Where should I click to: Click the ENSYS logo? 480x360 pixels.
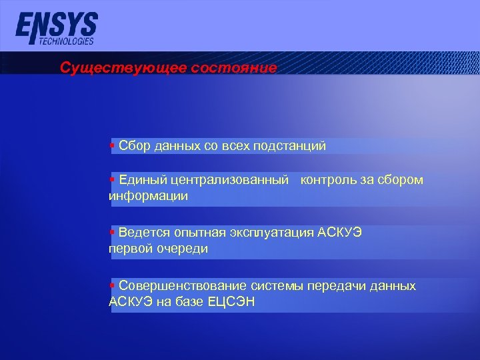pos(56,26)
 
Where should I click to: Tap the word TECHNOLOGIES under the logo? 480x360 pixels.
pos(66,41)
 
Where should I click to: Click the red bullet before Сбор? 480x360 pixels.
pos(113,145)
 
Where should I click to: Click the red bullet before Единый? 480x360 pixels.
pos(113,179)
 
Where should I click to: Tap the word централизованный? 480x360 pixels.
pos(231,181)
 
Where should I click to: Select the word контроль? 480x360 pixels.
pos(331,181)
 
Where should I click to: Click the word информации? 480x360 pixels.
pos(148,197)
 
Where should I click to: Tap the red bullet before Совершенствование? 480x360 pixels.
pos(113,285)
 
